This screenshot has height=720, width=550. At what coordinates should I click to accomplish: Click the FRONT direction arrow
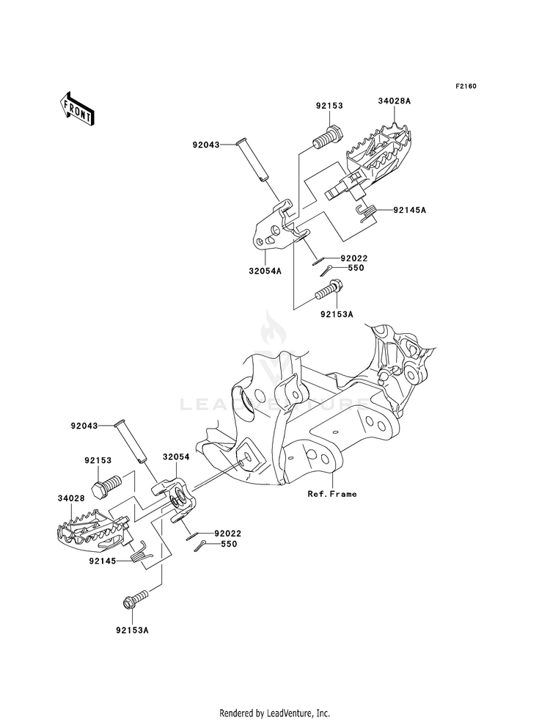pos(77,109)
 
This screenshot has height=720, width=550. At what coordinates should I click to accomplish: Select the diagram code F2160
pos(466,86)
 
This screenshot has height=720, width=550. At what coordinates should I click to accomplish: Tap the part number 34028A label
pos(394,101)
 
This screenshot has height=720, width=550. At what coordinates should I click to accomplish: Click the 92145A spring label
pos(409,210)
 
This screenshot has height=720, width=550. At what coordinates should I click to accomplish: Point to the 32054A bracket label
pos(265,271)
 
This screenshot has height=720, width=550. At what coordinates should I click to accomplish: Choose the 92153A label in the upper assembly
pos(337,315)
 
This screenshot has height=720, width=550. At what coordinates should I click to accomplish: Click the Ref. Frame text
pos(332,494)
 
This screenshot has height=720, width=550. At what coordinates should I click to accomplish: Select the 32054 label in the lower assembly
pos(177,457)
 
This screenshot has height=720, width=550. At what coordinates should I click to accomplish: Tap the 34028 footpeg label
pos(71,498)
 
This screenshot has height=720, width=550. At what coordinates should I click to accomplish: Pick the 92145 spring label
pos(102,561)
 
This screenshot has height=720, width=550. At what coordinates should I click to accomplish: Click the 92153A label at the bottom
pos(132,630)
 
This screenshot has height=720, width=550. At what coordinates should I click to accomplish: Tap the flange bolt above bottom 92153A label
pos(136,600)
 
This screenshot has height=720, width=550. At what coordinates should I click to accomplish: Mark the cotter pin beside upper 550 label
pos(327,271)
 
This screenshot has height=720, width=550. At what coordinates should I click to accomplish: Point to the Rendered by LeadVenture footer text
pos(275,713)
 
